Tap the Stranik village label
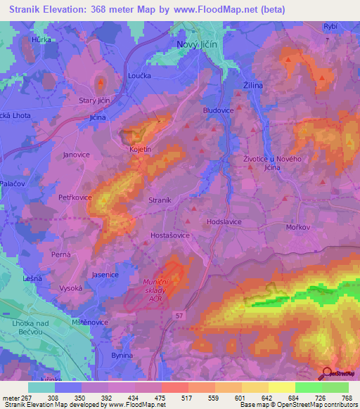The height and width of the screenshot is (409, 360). pyautogui.click(x=160, y=200)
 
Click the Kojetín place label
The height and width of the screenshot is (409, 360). pyautogui.click(x=140, y=149)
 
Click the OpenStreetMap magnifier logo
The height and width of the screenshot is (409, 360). pyautogui.click(x=327, y=374)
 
